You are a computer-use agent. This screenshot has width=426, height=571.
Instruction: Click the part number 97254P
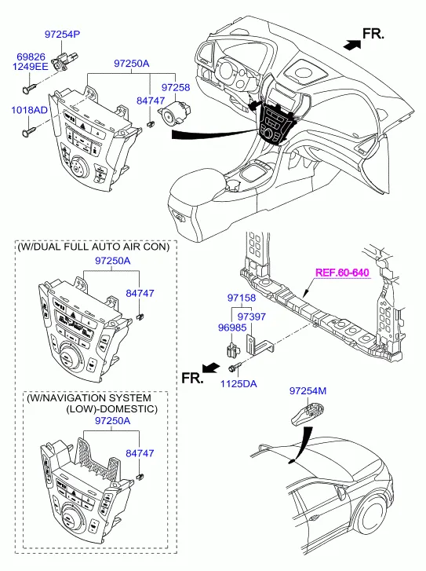pos(62,35)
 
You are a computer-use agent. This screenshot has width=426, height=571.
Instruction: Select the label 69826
pos(31,57)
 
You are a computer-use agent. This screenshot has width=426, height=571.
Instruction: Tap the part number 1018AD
pos(29,110)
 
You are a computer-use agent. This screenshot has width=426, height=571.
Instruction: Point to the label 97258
pos(176,87)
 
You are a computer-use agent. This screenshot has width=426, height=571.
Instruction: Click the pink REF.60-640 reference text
pos(342,273)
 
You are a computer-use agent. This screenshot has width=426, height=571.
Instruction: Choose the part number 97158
pos(242,298)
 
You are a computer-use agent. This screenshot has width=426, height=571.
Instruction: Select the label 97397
pos(251,317)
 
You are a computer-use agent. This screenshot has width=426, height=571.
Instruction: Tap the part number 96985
pos(232,328)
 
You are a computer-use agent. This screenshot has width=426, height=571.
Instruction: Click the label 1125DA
pos(238,383)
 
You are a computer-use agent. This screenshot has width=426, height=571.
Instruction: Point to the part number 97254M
pos(308,390)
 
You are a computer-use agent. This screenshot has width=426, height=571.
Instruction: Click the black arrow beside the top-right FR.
pos(352,45)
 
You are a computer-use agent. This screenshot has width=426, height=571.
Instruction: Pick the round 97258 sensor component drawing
pos(175,114)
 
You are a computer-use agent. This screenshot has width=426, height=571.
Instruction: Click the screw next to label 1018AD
pos(29,131)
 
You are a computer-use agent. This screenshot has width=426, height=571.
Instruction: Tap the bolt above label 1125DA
pos(235,367)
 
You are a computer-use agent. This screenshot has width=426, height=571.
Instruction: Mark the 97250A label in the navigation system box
pos(112,421)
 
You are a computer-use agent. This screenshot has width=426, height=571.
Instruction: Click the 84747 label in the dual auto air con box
pos(140,293)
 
